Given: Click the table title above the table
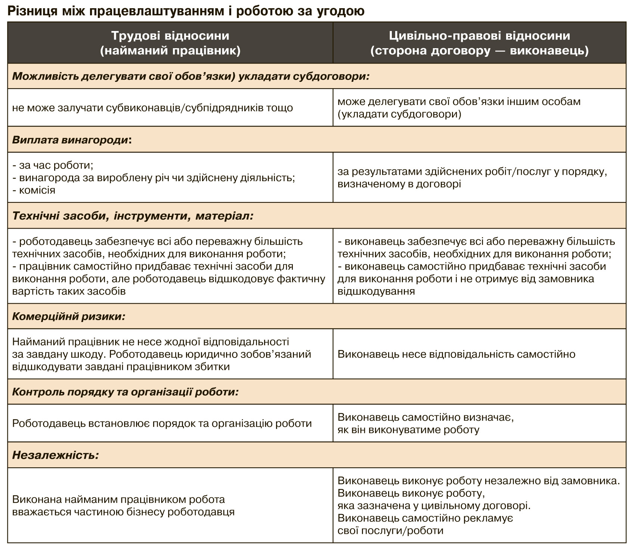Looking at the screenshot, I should (x=186, y=11).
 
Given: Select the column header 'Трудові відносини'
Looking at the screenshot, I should (x=170, y=36).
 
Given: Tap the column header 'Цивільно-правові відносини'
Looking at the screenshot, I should (x=479, y=36).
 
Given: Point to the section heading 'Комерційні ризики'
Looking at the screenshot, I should (x=68, y=316).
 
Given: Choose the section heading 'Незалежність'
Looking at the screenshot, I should (x=55, y=455).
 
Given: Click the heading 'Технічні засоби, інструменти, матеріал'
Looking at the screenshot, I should (x=133, y=216).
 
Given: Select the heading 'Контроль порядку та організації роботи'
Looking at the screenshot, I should (x=125, y=392).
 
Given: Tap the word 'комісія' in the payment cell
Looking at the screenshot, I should (x=37, y=190).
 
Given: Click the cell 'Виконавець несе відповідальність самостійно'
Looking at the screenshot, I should (x=456, y=354).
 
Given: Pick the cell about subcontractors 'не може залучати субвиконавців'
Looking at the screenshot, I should (x=152, y=108).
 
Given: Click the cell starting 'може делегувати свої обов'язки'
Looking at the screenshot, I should (x=459, y=108).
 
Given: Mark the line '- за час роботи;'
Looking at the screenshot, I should (x=53, y=165).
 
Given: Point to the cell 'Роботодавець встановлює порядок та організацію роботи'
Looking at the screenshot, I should (x=162, y=424).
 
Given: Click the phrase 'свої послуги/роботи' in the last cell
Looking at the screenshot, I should (x=390, y=530).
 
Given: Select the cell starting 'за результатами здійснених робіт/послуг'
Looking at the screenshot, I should (x=472, y=177).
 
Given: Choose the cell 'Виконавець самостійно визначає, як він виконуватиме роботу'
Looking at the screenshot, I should (x=425, y=423).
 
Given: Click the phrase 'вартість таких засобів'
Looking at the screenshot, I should (x=69, y=291).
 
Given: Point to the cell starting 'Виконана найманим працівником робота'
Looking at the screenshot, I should (x=123, y=505).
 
